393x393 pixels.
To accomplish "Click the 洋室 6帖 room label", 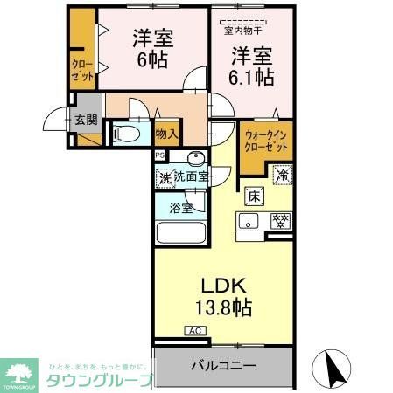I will pos(151,50).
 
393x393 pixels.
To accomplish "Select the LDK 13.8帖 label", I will pos(230,296).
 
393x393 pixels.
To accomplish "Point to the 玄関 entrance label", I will pos(85,121).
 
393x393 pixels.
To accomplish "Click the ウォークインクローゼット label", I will pos(266,141).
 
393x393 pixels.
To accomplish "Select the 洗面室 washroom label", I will pos(191,177).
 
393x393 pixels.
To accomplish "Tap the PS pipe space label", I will pos(159,155).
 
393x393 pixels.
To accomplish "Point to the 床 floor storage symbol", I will pos(253,196).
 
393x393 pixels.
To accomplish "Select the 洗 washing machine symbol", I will pos(165,178).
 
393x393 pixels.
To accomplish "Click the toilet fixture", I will pos(124,134).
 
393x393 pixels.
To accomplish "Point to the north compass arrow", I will pos(333,364).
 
